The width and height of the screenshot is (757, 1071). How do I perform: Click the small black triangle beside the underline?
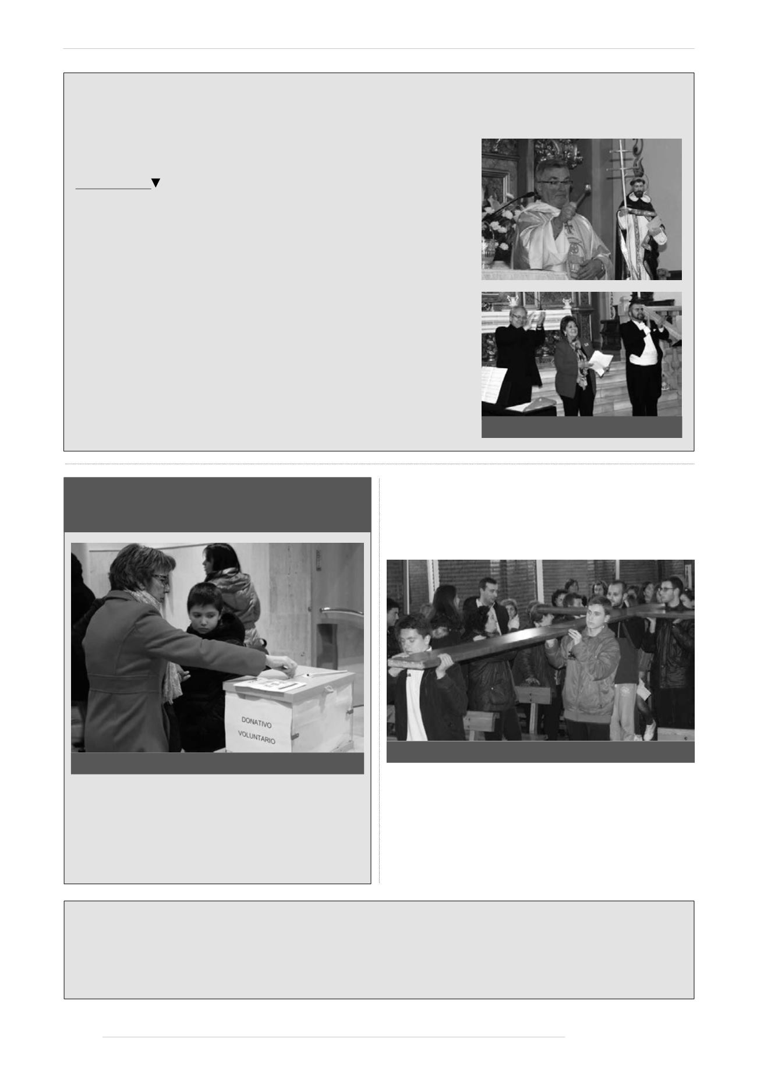[155, 183]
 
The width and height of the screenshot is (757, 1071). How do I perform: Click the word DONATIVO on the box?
[256, 723]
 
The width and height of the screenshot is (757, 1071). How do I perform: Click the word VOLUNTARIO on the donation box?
[256, 737]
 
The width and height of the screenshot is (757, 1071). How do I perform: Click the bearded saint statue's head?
[639, 186]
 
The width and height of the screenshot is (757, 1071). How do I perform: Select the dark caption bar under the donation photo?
[217, 763]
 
